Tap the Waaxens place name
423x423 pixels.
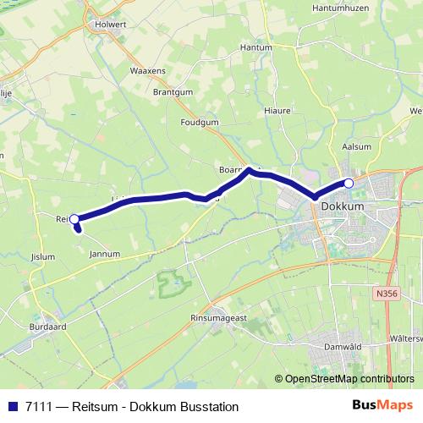[x=147, y=71]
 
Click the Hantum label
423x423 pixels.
[x=255, y=47]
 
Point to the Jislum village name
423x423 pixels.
[x=41, y=256]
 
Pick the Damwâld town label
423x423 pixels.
[x=343, y=347]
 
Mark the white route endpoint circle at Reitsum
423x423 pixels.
[x=74, y=220]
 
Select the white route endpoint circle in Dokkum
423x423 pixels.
[x=349, y=184]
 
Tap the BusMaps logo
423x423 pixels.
[x=383, y=405]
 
